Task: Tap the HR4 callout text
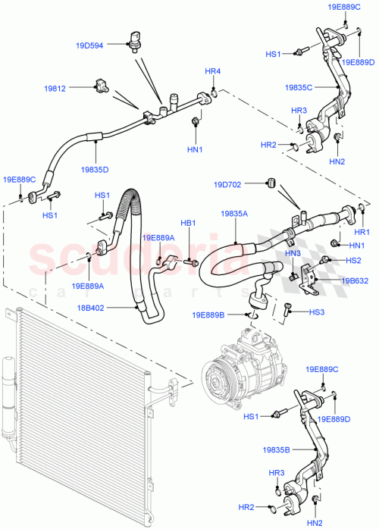213,71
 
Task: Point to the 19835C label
300,87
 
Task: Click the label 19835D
96,170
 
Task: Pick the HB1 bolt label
188,223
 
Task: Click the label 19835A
235,214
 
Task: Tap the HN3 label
293,253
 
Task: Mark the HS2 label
352,260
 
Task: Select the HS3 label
316,311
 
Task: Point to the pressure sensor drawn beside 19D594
135,39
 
